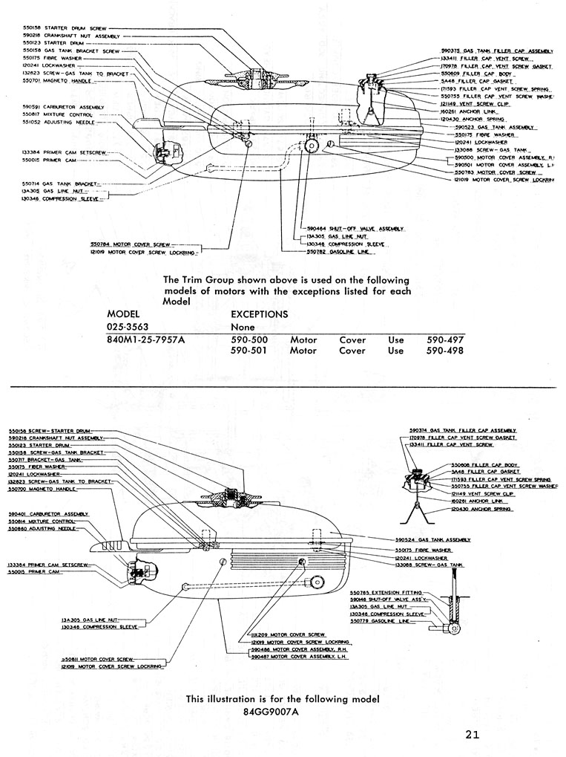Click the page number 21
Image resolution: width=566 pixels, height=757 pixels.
click(x=473, y=735)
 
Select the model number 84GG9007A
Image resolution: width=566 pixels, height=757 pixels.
click(x=271, y=710)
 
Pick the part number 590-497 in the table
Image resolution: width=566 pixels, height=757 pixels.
click(x=445, y=340)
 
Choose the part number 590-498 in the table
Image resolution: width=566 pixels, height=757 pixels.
click(x=445, y=351)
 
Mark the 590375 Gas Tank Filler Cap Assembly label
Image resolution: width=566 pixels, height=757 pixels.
click(x=496, y=51)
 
